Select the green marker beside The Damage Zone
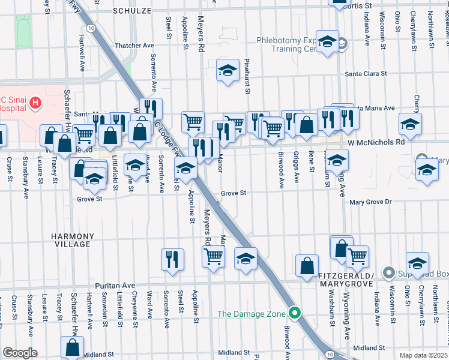click(x=294, y=313)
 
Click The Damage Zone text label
click(x=252, y=313)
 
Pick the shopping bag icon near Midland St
click(x=72, y=346)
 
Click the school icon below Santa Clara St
click(x=228, y=71)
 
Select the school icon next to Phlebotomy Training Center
click(x=327, y=41)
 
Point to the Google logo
click(x=20, y=353)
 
